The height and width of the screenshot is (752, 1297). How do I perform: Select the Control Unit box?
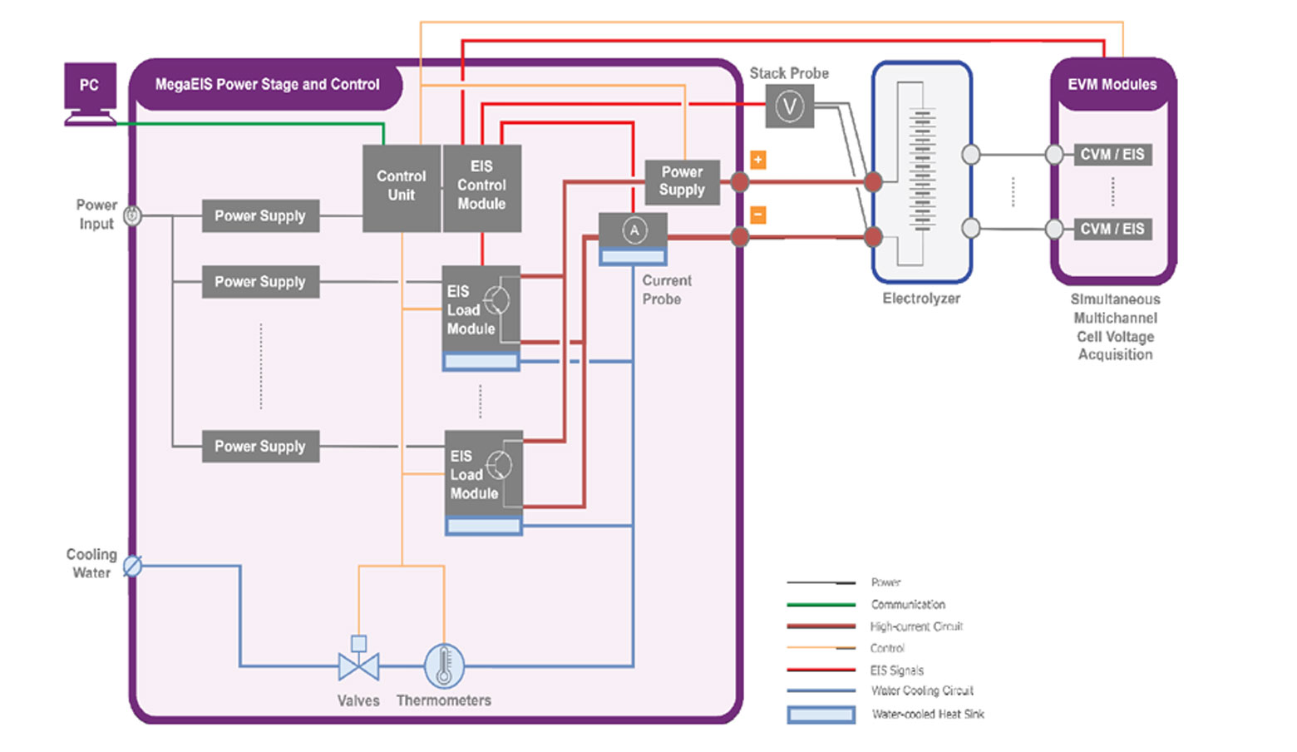(402, 187)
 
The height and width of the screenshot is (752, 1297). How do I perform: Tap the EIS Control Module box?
(482, 187)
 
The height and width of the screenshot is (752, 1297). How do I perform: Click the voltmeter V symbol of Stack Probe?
(789, 106)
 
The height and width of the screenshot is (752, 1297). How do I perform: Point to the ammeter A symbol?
(634, 230)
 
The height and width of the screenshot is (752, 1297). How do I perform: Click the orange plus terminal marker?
(757, 160)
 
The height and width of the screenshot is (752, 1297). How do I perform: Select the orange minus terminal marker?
(757, 215)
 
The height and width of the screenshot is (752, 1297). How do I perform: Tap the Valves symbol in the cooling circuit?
(358, 664)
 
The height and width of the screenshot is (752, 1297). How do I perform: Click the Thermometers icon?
(444, 665)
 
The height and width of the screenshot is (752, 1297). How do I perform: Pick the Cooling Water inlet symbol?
(132, 566)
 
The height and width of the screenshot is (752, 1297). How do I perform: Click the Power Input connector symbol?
(132, 216)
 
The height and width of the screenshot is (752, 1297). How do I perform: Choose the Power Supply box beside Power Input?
(260, 216)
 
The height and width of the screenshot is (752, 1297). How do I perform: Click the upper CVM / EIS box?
(1112, 155)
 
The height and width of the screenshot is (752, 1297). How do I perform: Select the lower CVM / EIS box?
(1112, 229)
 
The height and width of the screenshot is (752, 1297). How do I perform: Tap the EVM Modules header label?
(1112, 85)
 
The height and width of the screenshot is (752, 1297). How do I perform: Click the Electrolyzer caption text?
(921, 299)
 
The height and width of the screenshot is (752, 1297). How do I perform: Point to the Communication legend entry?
(908, 605)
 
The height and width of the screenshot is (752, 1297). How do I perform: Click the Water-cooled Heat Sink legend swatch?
(821, 715)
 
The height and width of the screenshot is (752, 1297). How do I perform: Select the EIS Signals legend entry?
(896, 670)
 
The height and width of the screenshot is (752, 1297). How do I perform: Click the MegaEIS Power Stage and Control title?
(267, 85)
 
